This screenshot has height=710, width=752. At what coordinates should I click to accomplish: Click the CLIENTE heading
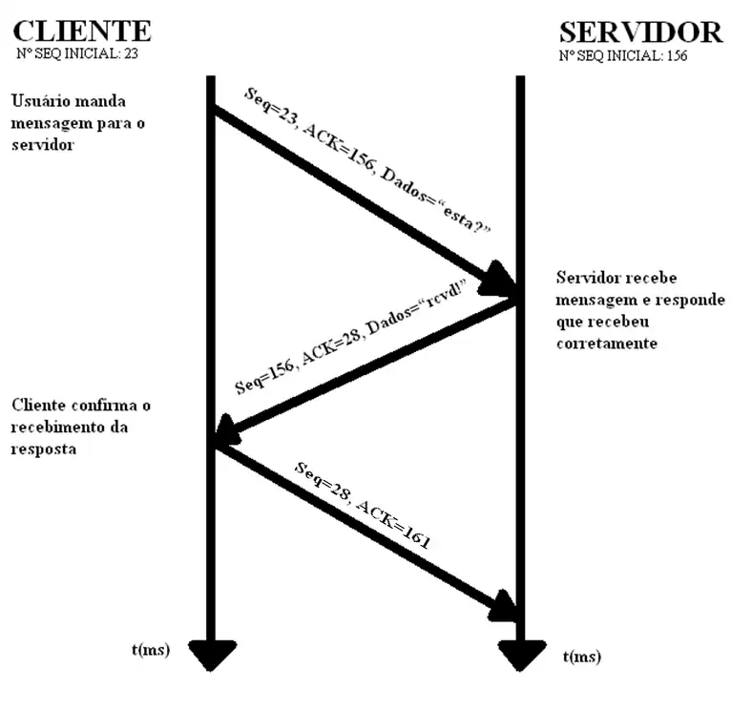(83, 31)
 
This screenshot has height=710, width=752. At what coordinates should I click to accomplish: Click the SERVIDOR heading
(640, 32)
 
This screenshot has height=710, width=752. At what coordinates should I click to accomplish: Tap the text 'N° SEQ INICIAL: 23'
(78, 54)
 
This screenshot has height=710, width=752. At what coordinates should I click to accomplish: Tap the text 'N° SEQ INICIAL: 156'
(623, 55)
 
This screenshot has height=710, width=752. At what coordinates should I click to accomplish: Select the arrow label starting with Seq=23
(366, 163)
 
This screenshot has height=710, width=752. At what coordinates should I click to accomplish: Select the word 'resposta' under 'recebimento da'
(42, 449)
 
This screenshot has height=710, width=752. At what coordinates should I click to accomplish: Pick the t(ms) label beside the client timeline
(151, 650)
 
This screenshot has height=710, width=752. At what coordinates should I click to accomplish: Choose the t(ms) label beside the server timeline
(582, 658)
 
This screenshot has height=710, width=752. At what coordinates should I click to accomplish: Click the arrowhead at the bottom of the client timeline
(211, 655)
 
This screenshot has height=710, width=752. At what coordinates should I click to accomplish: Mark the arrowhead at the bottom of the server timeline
(521, 656)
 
